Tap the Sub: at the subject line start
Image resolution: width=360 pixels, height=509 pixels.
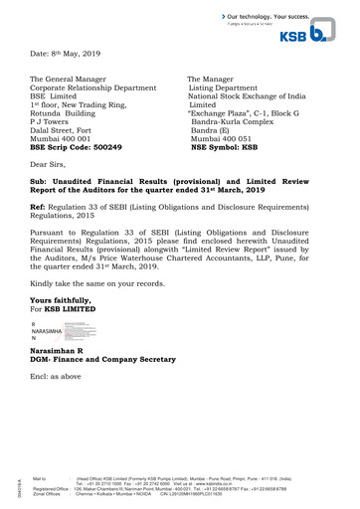40,184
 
